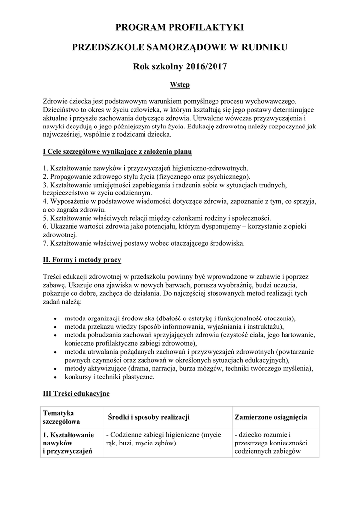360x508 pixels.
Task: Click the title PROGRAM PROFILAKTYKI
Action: point(180,27)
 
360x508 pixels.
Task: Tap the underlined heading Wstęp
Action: point(180,85)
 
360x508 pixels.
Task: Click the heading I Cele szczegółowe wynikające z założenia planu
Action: point(117,151)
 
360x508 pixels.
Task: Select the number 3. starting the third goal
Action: point(46,185)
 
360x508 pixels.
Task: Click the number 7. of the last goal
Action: point(46,243)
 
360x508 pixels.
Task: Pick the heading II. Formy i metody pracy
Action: point(82,259)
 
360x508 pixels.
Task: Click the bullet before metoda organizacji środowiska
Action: point(54,318)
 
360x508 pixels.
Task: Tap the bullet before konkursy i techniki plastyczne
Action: point(54,377)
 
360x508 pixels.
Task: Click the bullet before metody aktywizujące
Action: point(54,369)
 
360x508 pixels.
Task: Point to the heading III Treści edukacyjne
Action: point(76,394)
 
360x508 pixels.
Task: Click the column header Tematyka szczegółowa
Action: point(62,417)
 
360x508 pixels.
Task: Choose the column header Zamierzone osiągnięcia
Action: point(271,417)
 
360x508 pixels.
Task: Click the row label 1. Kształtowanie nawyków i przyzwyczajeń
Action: point(69,443)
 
